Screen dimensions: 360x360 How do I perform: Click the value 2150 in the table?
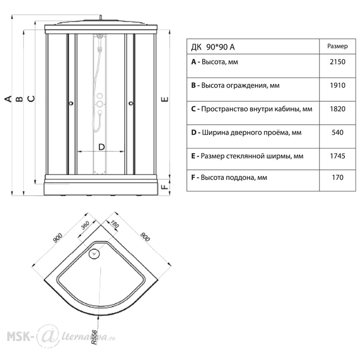(x=337, y=62)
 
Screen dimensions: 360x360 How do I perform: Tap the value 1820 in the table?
(x=338, y=109)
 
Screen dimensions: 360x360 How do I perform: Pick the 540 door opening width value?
(x=338, y=132)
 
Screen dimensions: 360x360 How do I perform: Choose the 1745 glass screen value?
(x=338, y=156)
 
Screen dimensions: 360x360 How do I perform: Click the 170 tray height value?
(x=338, y=177)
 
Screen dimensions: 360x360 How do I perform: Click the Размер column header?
(x=337, y=46)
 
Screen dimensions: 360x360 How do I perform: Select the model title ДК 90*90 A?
(x=213, y=47)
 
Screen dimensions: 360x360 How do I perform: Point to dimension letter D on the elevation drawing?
(x=102, y=147)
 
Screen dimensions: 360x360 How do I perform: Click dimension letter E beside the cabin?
(x=165, y=99)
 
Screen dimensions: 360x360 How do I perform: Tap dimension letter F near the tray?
(x=165, y=187)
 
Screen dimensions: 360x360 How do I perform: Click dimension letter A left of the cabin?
(x=8, y=99)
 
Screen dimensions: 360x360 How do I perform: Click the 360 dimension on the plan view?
(x=85, y=225)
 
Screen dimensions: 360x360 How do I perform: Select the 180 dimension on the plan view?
(x=114, y=224)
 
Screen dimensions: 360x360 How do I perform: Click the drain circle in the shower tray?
(x=94, y=253)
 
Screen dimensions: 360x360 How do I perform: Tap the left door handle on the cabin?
(x=71, y=103)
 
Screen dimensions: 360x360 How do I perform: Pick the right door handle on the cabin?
(x=131, y=103)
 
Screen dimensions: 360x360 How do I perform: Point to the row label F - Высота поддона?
(x=229, y=177)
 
